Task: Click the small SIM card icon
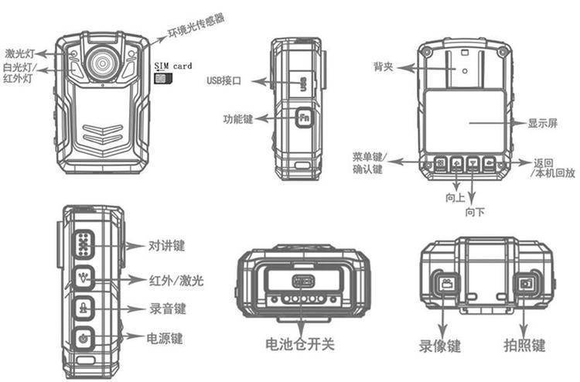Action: pos(160,78)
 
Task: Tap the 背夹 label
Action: pos(384,67)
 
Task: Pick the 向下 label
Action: pos(475,211)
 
